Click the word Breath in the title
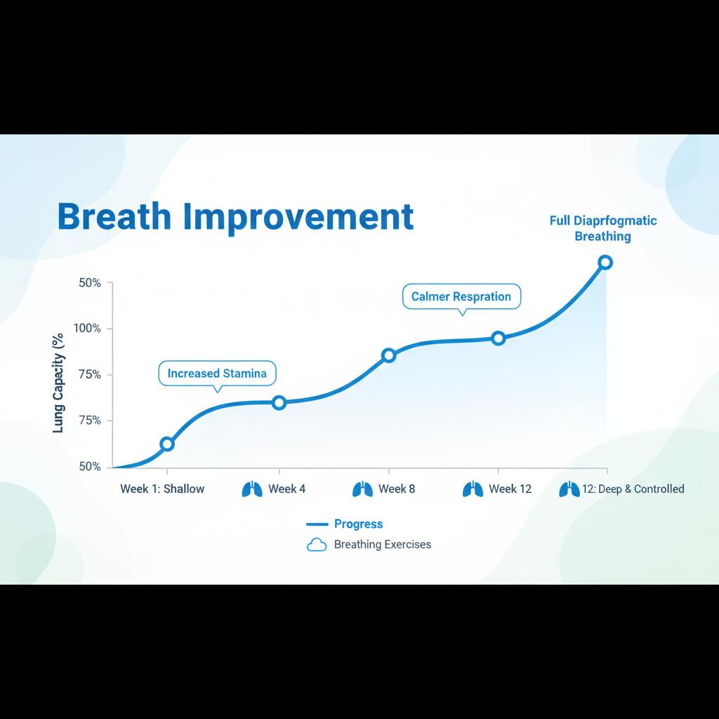[x=114, y=216]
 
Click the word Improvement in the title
[x=298, y=218]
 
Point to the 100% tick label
[x=87, y=329]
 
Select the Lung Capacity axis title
[x=58, y=383]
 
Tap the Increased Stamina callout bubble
[x=217, y=374]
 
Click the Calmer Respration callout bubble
[x=461, y=297]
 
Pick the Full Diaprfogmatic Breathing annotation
[x=603, y=228]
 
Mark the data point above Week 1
[x=167, y=444]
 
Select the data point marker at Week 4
[x=279, y=403]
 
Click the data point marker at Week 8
[x=388, y=355]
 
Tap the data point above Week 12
[x=499, y=339]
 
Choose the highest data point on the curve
[x=605, y=263]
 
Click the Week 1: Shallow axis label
[x=162, y=489]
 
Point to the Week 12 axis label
[x=510, y=489]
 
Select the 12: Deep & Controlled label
[x=633, y=489]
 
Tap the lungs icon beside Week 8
[x=363, y=489]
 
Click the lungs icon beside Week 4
[x=252, y=489]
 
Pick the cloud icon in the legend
[x=317, y=545]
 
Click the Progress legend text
[x=358, y=524]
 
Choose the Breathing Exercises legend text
[x=383, y=544]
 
